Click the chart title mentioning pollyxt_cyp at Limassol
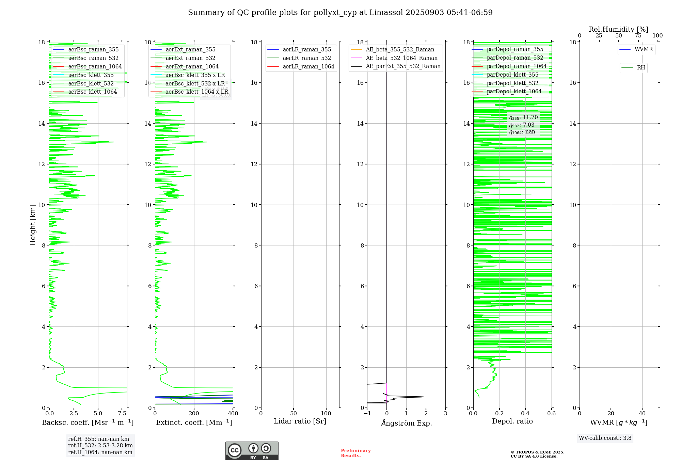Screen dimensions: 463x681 (x=340, y=13)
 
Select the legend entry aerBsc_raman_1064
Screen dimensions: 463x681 (x=95, y=66)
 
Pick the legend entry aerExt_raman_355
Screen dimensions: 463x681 (x=190, y=49)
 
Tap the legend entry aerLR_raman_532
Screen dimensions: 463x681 (x=307, y=58)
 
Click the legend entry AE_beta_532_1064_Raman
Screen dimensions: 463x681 (x=401, y=58)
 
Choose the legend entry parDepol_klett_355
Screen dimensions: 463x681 (x=512, y=75)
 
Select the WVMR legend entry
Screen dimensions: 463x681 (x=644, y=49)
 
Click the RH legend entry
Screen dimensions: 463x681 (x=641, y=68)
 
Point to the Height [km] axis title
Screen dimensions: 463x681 (x=33, y=225)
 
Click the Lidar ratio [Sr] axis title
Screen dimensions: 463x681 (x=300, y=421)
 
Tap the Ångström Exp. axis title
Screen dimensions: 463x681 (x=406, y=423)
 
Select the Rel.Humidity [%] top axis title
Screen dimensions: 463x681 (x=618, y=29)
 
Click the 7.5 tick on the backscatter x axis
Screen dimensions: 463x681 (x=122, y=414)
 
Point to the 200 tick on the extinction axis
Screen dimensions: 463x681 (x=194, y=414)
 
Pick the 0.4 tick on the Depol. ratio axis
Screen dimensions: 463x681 (x=525, y=414)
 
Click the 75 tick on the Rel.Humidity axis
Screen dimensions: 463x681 (x=638, y=36)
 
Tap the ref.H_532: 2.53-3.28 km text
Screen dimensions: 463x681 (x=100, y=446)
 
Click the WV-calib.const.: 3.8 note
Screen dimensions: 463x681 (x=605, y=438)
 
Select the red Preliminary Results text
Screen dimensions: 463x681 (x=355, y=453)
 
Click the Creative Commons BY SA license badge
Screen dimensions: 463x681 (x=252, y=451)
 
